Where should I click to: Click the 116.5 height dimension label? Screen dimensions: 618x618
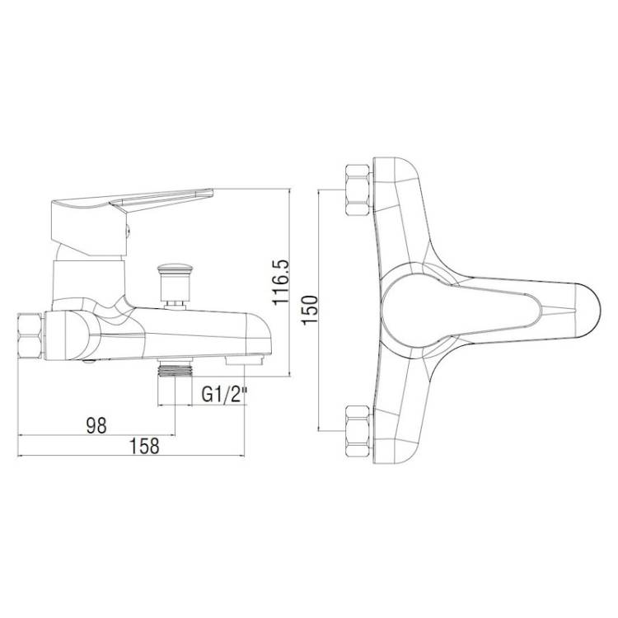point(281,282)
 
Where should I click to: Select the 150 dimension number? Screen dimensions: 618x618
point(310,310)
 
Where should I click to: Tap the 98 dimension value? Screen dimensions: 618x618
point(96,425)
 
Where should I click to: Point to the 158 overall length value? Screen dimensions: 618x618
point(144,446)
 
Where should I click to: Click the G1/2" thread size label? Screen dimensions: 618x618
point(224,394)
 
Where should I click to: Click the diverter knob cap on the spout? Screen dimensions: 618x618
point(174,270)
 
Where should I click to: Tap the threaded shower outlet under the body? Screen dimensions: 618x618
point(175,370)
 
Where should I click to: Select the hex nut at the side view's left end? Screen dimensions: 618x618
point(30,336)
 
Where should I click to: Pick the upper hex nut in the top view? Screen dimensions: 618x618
point(358,190)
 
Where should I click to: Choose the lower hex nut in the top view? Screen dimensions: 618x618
point(358,431)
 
